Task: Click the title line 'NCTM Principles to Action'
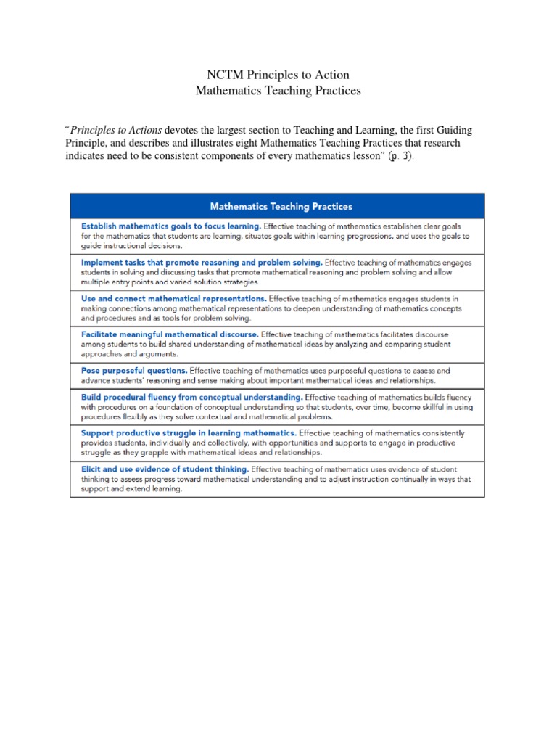[x=278, y=75]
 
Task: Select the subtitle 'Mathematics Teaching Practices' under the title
[x=278, y=91]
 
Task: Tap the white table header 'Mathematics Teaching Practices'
[x=281, y=207]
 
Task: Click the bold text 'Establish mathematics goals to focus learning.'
[x=170, y=226]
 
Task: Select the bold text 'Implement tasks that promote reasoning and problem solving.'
[x=202, y=261]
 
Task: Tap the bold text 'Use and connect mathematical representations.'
[x=173, y=297]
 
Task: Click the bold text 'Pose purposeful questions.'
[x=133, y=370]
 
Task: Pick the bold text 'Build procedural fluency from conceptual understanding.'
[x=191, y=397]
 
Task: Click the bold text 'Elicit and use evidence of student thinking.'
[x=165, y=469]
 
